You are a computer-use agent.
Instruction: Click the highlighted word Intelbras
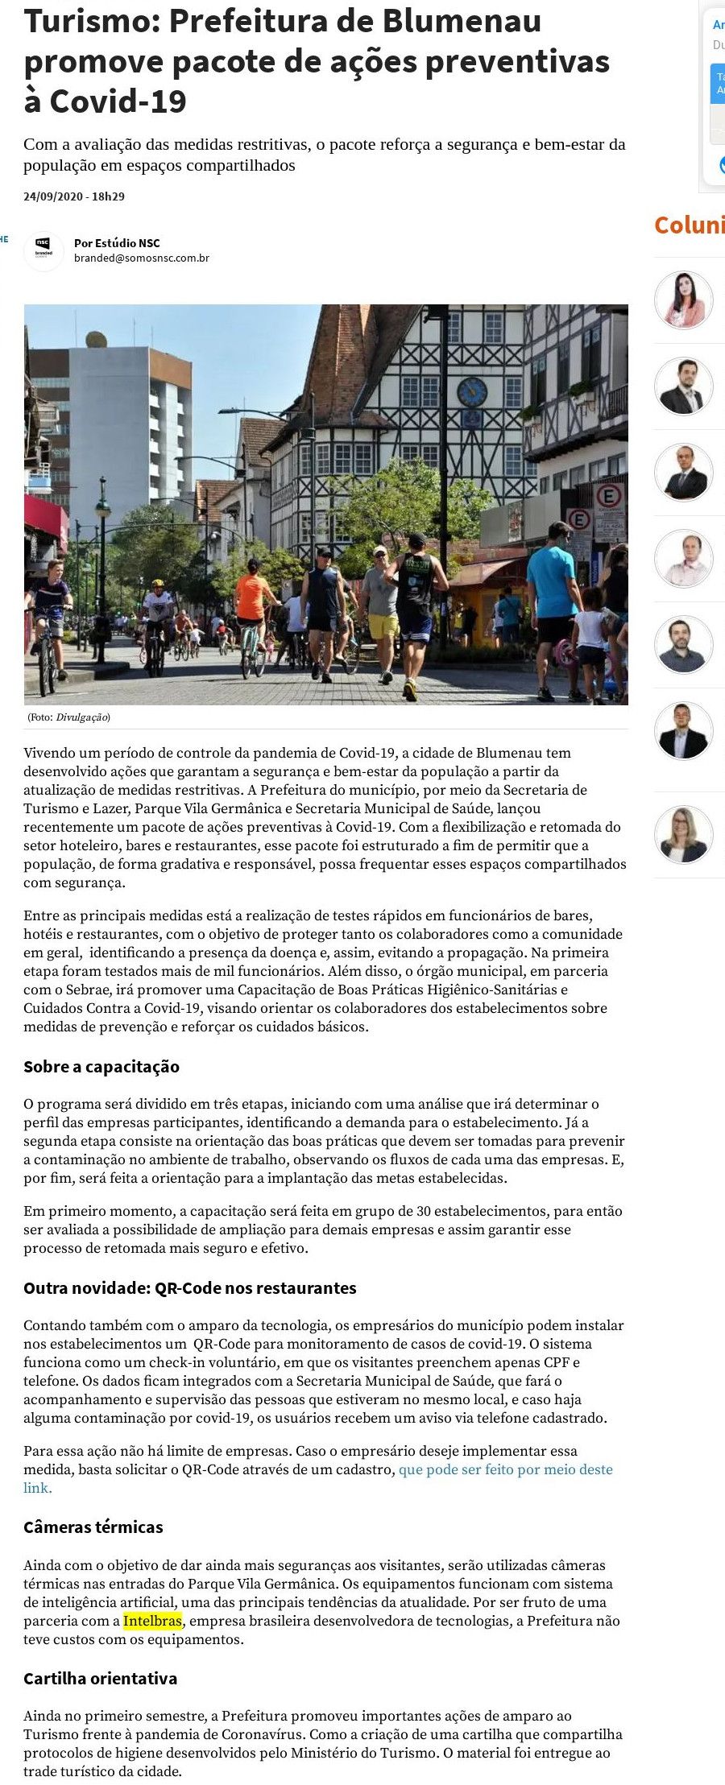coord(152,1621)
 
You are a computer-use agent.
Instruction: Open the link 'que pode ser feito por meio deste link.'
coord(505,1469)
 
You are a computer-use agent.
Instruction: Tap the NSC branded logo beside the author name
coord(43,250)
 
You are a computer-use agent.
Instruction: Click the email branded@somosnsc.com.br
coord(142,258)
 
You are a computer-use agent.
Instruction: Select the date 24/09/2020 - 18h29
coord(74,196)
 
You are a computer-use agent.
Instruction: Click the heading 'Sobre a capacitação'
coord(101,1067)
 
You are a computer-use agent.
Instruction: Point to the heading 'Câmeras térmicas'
coord(93,1527)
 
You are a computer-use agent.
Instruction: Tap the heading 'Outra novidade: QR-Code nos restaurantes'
coord(190,1288)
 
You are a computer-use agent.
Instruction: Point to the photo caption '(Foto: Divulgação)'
coord(69,717)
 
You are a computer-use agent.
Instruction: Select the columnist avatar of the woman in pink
coord(683,300)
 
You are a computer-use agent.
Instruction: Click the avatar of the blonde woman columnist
coord(683,834)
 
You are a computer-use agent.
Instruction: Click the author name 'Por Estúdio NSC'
coord(117,243)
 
